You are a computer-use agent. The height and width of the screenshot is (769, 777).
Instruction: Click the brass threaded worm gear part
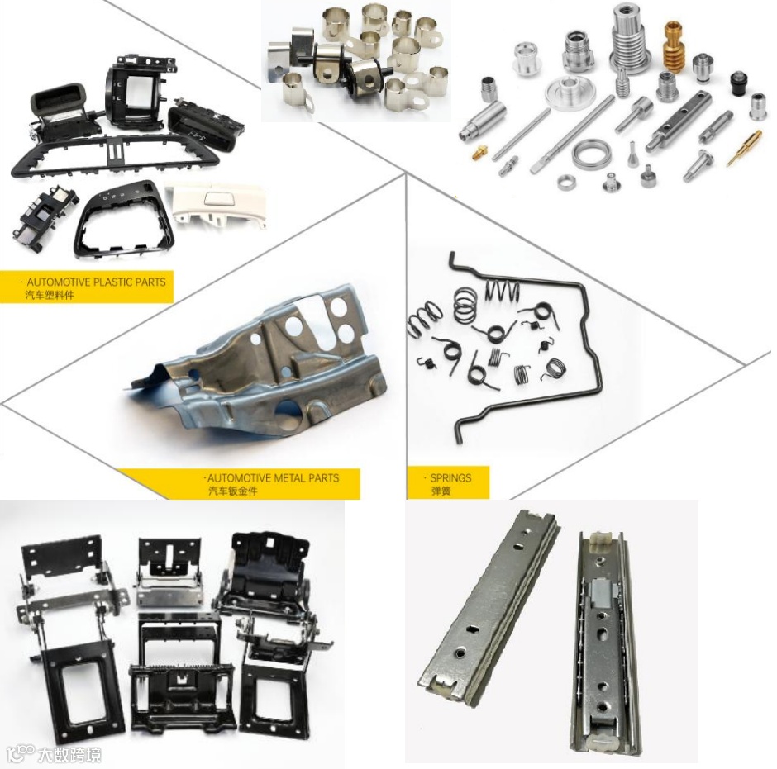click(x=673, y=48)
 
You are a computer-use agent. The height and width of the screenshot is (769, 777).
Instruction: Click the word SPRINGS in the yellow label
click(x=450, y=478)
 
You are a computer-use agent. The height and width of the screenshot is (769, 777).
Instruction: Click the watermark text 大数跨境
click(x=69, y=755)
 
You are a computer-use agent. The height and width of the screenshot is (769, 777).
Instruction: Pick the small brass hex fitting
click(x=479, y=152)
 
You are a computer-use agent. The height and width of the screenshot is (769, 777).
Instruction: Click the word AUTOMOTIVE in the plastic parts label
click(x=59, y=282)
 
